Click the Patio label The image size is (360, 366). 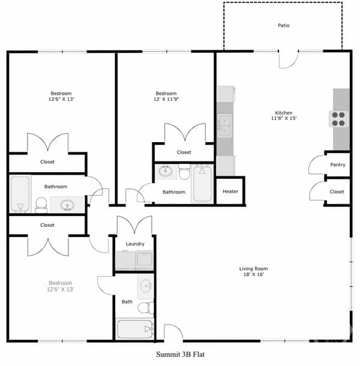pos(283,25)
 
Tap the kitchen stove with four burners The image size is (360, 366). pos(338,119)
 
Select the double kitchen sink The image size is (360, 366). pos(224,125)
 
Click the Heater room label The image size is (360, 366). pos(230,191)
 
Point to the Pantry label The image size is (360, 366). pos(338,165)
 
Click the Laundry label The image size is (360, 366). pos(135,244)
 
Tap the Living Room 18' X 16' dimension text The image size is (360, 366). pos(254,274)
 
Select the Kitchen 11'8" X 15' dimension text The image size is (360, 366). pos(284,118)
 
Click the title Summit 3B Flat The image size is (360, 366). pos(180,355)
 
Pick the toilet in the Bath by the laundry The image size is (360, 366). pos(146,308)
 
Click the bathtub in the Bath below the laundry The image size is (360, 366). pos(135,329)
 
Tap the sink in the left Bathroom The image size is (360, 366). pos(67,205)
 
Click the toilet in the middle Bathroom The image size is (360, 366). pos(184,172)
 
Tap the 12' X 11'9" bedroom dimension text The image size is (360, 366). pos(166,99)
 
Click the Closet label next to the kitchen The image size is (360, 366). pos(337,191)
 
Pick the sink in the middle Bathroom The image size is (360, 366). pos(166,172)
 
